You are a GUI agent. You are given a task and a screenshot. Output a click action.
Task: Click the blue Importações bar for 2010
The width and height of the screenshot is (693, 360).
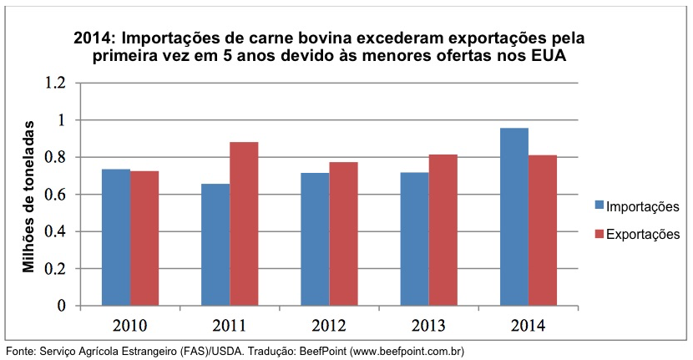[116, 237]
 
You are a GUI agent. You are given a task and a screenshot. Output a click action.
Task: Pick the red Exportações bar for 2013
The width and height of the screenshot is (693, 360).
[443, 230]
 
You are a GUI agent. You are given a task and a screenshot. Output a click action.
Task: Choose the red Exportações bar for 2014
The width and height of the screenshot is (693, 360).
[543, 230]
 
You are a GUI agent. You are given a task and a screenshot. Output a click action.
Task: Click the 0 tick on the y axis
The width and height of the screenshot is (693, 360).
[61, 306]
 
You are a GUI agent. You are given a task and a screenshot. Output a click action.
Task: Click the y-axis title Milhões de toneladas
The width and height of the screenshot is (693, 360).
[29, 195]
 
